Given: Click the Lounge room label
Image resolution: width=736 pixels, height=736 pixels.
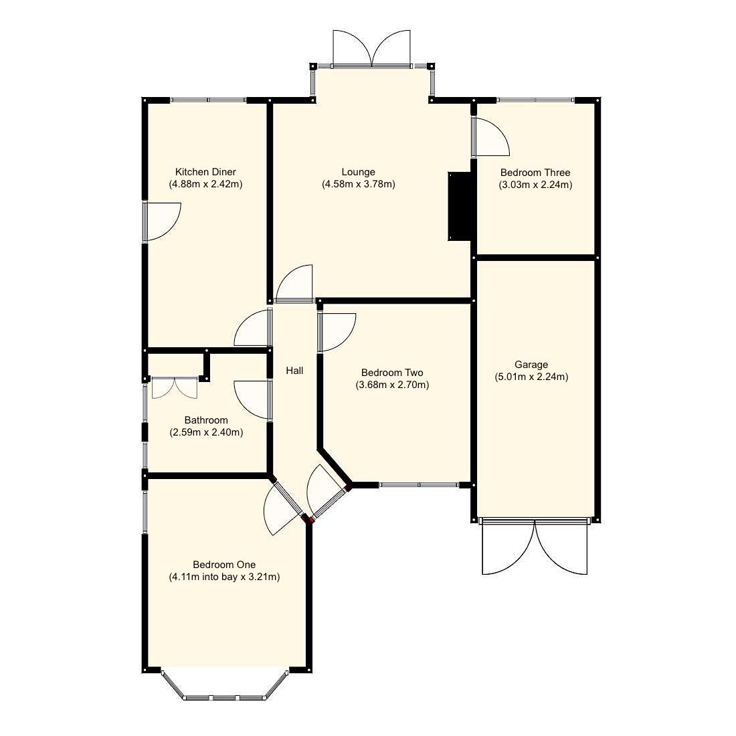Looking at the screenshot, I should coord(358,172).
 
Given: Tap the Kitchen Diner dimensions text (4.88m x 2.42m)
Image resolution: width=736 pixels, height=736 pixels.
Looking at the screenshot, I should coord(205,184).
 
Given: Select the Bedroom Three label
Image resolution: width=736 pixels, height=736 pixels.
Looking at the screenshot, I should coord(535,173).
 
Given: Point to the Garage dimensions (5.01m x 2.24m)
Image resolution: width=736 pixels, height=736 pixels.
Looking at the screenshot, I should coord(531,377).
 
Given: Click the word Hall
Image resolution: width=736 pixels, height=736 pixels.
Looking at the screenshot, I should coord(294,370).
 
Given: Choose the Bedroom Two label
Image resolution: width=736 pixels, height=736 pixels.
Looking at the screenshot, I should coord(391,373).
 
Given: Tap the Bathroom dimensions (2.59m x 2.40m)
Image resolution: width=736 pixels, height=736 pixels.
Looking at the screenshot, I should coord(206,432).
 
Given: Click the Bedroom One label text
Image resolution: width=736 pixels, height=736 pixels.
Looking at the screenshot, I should coord(224,565).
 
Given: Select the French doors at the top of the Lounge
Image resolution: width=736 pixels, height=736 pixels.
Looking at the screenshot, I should coord(371,50).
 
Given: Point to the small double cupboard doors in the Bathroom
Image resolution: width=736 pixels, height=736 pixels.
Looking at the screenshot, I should coord(174,387).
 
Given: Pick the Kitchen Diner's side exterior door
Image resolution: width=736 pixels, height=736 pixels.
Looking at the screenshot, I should coord(162,221).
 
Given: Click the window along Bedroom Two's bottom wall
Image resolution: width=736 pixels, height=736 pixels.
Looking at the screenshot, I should coord(419,484).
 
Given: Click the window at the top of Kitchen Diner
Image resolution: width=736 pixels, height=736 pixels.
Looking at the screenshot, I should coord(208,100).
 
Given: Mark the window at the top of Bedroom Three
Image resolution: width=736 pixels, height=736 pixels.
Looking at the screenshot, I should coord(535,100).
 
